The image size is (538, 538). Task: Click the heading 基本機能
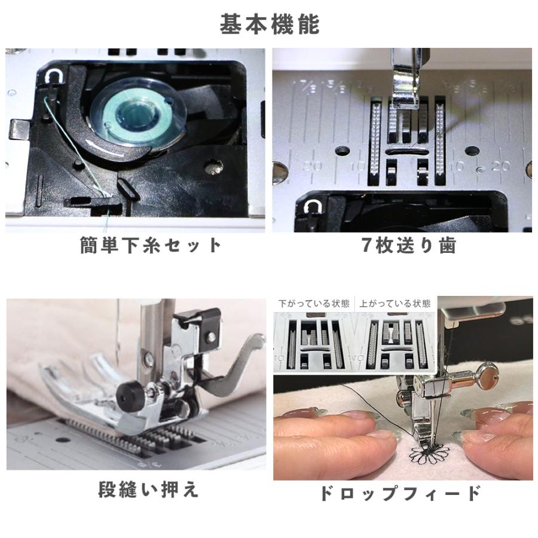(270, 25)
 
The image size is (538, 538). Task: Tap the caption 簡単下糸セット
(150, 245)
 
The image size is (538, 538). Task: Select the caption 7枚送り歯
(409, 245)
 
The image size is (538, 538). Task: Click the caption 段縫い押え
(148, 489)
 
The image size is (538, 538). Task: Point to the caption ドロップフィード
(400, 493)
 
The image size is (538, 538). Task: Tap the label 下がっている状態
(314, 304)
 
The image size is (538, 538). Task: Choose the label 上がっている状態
(395, 304)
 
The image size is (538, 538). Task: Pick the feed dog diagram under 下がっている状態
(314, 344)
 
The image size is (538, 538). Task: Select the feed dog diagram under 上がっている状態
(395, 344)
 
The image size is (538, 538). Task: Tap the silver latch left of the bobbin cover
(19, 129)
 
